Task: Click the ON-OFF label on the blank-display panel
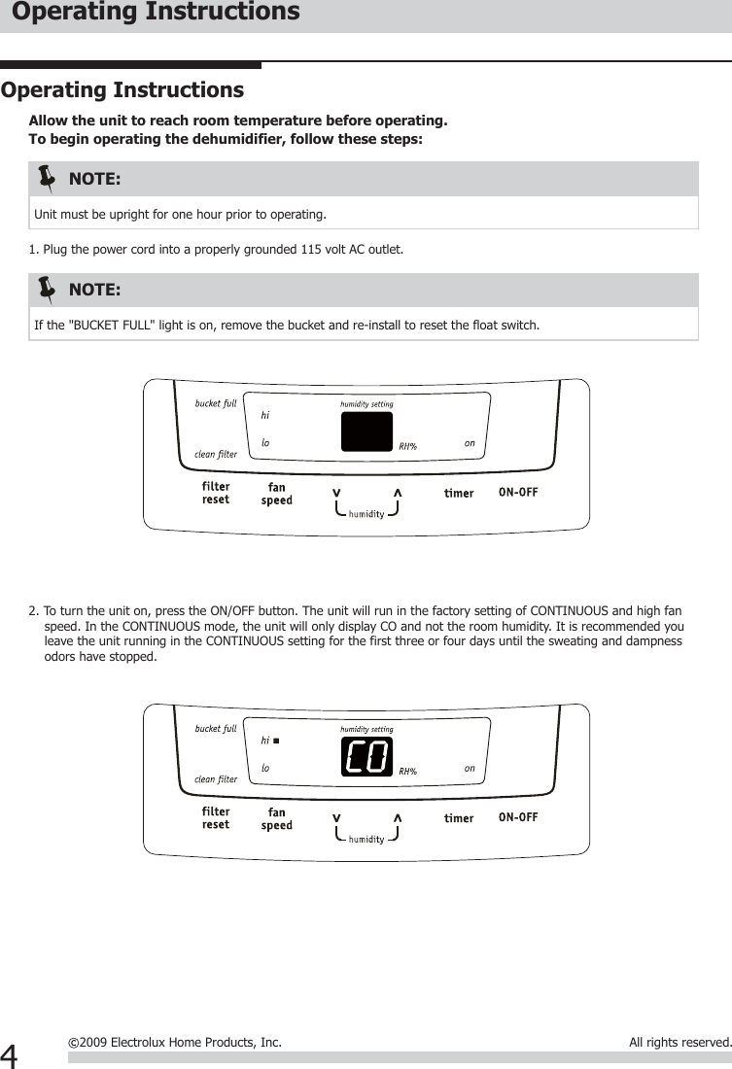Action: [517, 492]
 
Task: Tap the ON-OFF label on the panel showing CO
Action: [517, 817]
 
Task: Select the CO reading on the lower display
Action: [366, 756]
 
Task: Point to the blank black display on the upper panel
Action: [366, 431]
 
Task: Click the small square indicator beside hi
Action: [276, 741]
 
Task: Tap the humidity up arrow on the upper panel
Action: [397, 492]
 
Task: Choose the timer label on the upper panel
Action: [459, 493]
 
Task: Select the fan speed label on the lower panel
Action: [277, 818]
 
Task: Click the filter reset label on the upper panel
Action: [216, 493]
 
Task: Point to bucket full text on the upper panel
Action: [216, 403]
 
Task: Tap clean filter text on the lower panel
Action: [216, 778]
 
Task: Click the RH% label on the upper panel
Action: [408, 447]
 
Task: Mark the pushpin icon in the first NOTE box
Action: [47, 179]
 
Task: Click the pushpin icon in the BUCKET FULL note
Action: [47, 290]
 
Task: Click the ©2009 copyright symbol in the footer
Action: [74, 1043]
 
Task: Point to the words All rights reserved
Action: [680, 1043]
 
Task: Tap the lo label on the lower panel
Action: [265, 768]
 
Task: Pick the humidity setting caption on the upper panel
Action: [366, 404]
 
